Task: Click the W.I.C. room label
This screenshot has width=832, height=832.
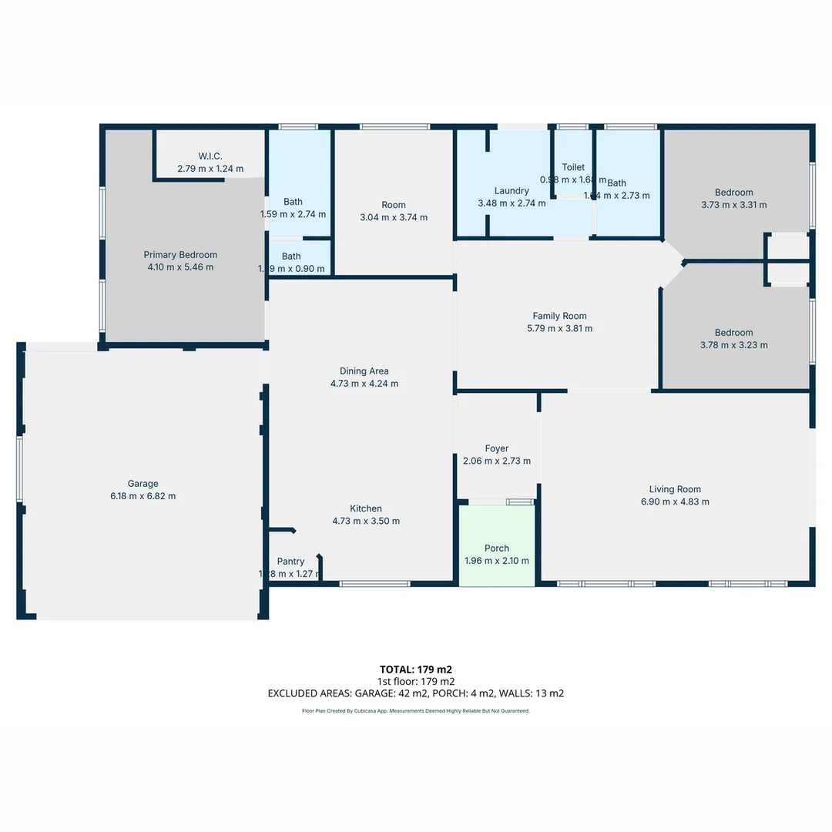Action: (x=210, y=156)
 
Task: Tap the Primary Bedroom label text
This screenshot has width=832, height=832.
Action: (x=180, y=255)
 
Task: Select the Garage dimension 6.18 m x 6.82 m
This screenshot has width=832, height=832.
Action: (x=143, y=496)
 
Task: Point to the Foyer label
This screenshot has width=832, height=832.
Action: (x=497, y=448)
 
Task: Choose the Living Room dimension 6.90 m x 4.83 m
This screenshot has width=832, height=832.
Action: (x=675, y=502)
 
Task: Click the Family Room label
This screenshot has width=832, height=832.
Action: (x=559, y=316)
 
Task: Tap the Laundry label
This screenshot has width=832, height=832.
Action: (x=512, y=191)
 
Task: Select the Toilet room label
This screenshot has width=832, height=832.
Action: (x=573, y=167)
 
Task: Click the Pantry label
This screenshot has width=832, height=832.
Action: (x=290, y=562)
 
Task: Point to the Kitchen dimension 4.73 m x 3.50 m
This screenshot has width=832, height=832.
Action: (x=366, y=521)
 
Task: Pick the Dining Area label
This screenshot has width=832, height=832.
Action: (x=364, y=371)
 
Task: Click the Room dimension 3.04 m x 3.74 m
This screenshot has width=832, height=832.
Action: (x=394, y=217)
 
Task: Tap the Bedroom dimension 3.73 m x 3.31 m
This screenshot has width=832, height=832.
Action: (x=734, y=205)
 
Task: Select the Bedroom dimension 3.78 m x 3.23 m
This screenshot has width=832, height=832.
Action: (x=734, y=345)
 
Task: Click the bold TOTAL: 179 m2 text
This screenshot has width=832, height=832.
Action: (x=416, y=669)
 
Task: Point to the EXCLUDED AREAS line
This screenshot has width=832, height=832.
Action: (x=416, y=693)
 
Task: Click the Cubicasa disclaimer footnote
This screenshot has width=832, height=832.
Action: (x=416, y=711)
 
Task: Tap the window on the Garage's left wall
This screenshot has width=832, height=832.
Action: (x=20, y=469)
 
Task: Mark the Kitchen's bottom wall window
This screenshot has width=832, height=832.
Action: (x=375, y=584)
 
